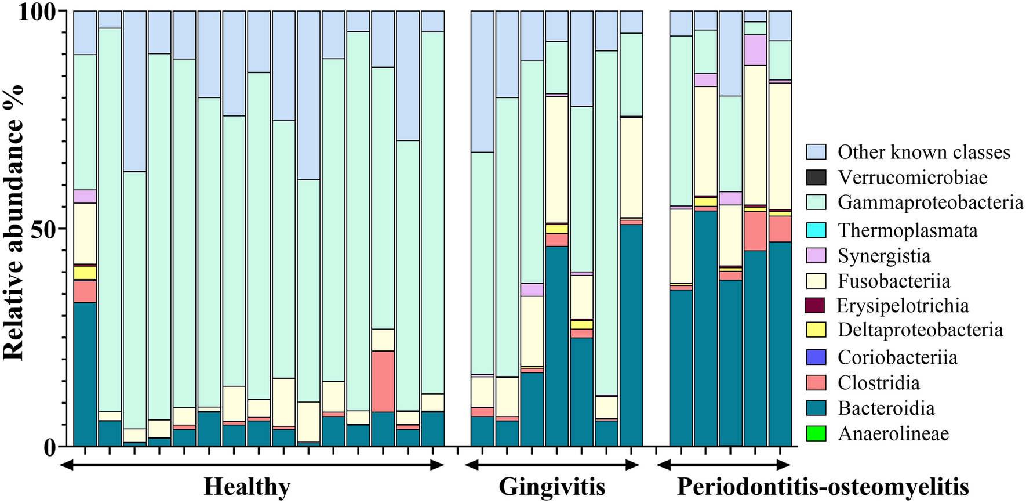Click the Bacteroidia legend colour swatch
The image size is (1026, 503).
coord(816,408)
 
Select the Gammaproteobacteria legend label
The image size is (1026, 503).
coord(930,202)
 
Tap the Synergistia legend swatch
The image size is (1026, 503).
coord(816,256)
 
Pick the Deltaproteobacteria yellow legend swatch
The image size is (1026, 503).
coord(816,330)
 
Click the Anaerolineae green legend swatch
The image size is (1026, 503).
coord(816,433)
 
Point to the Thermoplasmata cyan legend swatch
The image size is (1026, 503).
coord(816,230)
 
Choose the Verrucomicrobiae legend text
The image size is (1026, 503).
coord(912,178)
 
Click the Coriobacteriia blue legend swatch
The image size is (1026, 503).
coord(816,357)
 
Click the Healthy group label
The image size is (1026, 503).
coord(247,487)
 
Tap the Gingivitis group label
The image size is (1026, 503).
coord(552,487)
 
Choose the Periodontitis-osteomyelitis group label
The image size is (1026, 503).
coord(823,487)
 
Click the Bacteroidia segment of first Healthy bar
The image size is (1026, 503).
coord(85,374)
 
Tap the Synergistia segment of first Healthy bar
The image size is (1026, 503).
coord(85,196)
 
